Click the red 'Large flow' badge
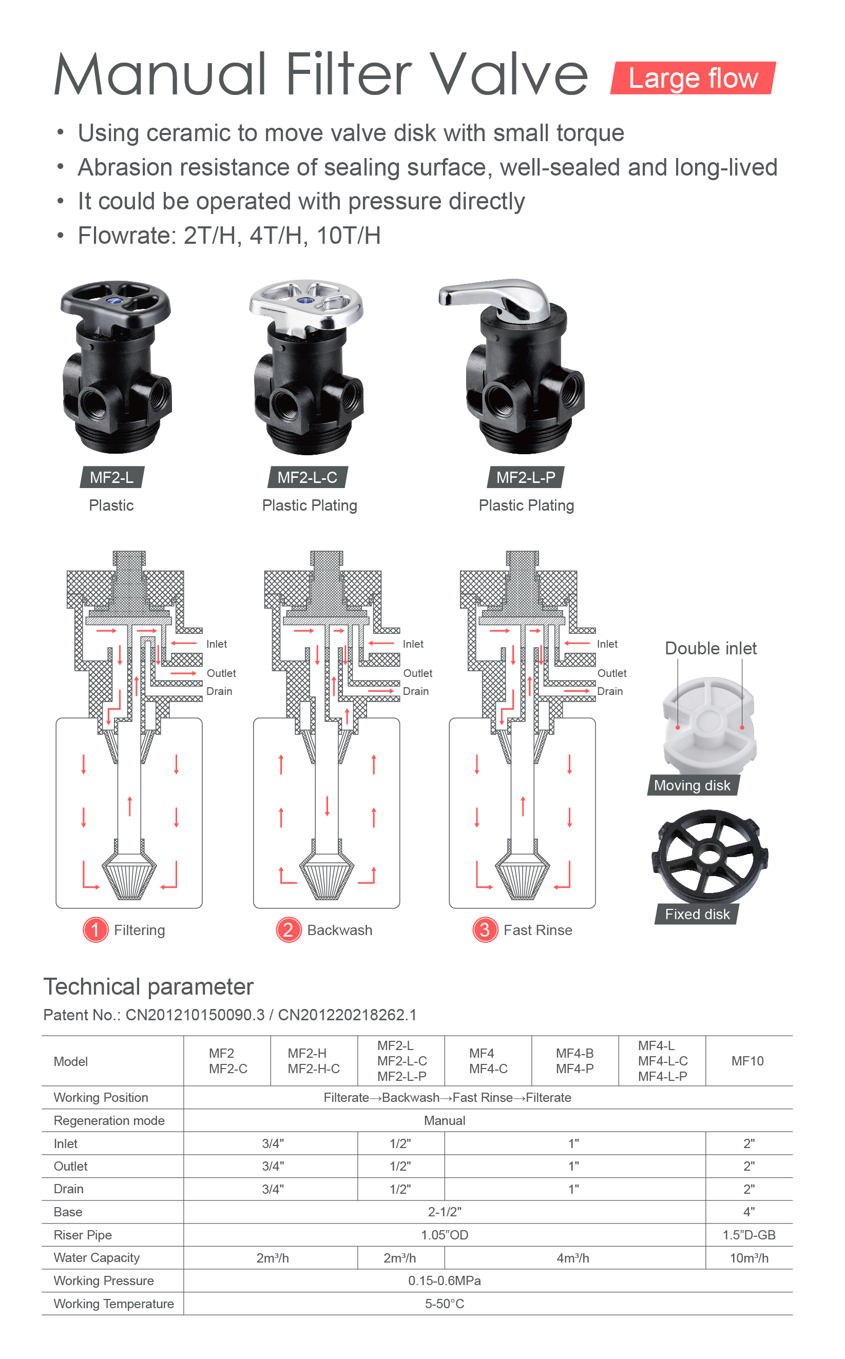click(x=693, y=77)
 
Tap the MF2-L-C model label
click(x=308, y=478)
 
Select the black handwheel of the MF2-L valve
click(x=115, y=304)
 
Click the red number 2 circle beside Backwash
click(x=289, y=930)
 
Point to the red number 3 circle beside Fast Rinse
click(x=485, y=930)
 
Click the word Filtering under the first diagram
click(x=139, y=930)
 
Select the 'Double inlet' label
click(x=710, y=648)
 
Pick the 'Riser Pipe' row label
click(x=83, y=1235)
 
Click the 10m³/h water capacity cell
click(x=749, y=1258)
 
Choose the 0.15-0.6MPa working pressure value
click(x=444, y=1281)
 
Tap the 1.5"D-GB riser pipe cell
click(x=749, y=1235)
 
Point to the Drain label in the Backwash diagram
click(x=416, y=691)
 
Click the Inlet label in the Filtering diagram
click(x=216, y=644)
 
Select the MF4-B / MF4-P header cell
click(x=574, y=1061)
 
